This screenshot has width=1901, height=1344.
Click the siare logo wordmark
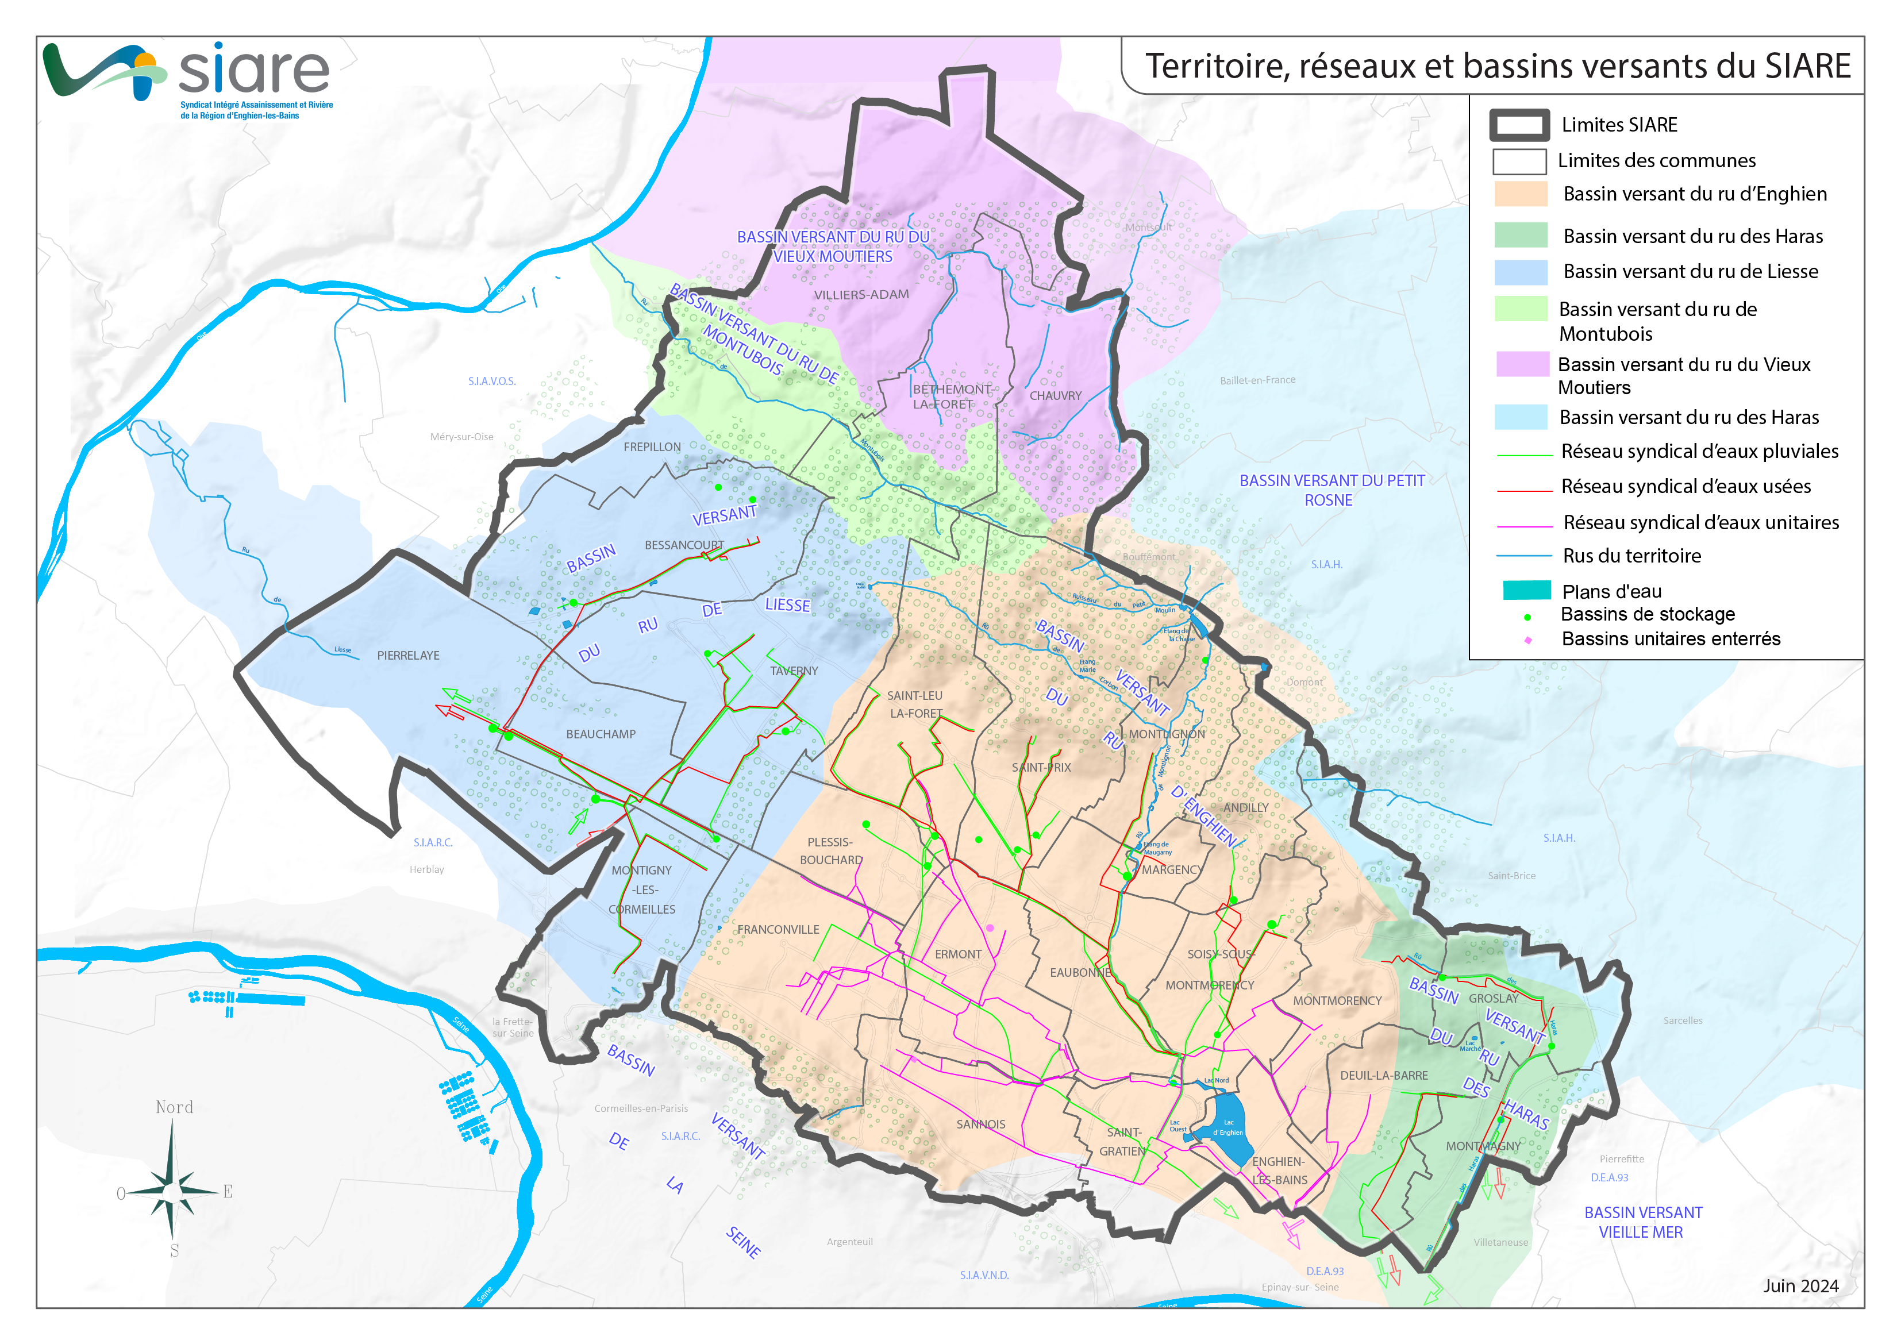click(x=253, y=70)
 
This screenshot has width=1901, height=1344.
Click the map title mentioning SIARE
click(x=1497, y=66)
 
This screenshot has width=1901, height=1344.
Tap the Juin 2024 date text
click(x=1800, y=1285)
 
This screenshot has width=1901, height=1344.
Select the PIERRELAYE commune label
click(x=408, y=655)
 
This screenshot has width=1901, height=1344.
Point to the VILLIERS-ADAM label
click(x=861, y=295)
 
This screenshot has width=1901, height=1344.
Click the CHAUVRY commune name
click(x=1055, y=396)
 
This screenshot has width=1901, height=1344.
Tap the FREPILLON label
click(x=652, y=447)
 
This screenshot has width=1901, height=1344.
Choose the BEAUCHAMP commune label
click(x=601, y=734)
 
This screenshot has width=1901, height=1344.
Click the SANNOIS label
click(x=980, y=1125)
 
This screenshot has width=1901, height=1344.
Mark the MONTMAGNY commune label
click(x=1483, y=1146)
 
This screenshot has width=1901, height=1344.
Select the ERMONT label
click(x=958, y=954)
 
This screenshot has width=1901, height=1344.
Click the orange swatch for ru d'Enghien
click(x=1520, y=194)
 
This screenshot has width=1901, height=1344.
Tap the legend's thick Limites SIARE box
click(x=1519, y=125)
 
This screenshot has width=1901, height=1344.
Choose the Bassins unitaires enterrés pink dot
click(x=1527, y=640)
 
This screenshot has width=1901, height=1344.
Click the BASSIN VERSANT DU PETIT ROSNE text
click(x=1332, y=490)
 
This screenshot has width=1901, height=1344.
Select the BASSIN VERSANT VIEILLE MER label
click(x=1642, y=1222)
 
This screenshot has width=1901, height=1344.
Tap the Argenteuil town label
click(x=849, y=1242)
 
